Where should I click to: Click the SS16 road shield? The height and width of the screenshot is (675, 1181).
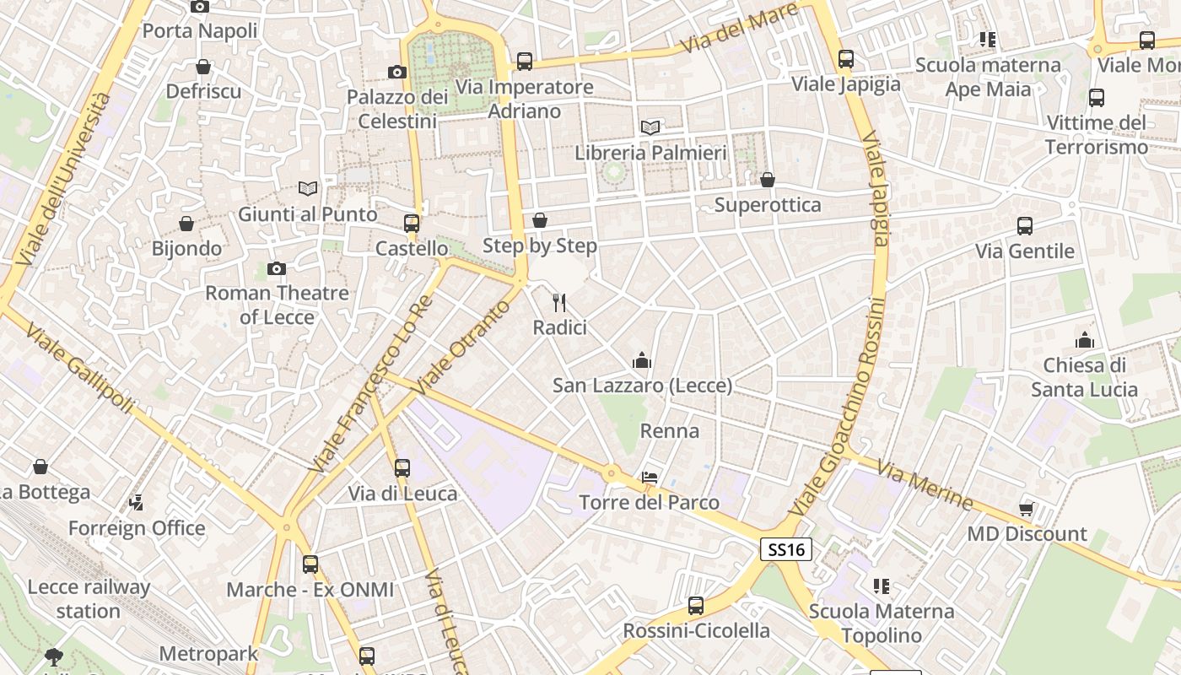(785, 549)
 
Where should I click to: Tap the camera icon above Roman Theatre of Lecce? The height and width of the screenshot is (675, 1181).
(276, 269)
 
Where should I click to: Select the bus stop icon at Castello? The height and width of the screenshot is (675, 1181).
(412, 224)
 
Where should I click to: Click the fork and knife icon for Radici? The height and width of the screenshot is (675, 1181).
(558, 303)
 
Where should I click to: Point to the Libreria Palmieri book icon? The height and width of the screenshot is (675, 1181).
(650, 127)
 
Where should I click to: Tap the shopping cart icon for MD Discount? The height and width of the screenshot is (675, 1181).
(1027, 508)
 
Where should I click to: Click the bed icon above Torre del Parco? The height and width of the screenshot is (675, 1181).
(649, 478)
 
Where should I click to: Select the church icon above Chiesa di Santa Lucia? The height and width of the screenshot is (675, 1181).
(1084, 340)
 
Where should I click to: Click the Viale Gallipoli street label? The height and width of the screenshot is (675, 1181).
(80, 369)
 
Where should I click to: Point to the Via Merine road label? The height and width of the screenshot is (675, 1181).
(925, 484)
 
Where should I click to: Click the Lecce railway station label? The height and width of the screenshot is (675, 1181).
(89, 598)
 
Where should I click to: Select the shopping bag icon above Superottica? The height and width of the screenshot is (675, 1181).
(768, 180)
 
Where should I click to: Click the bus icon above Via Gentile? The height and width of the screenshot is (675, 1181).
(1025, 226)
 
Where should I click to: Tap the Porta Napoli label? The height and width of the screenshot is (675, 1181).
(200, 31)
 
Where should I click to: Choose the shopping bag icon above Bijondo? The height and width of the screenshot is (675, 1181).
(186, 224)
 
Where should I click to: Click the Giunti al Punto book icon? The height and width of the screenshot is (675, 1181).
(308, 188)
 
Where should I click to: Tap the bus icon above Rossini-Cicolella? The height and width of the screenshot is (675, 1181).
(696, 605)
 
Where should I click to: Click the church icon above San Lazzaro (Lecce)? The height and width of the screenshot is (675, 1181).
(642, 361)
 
